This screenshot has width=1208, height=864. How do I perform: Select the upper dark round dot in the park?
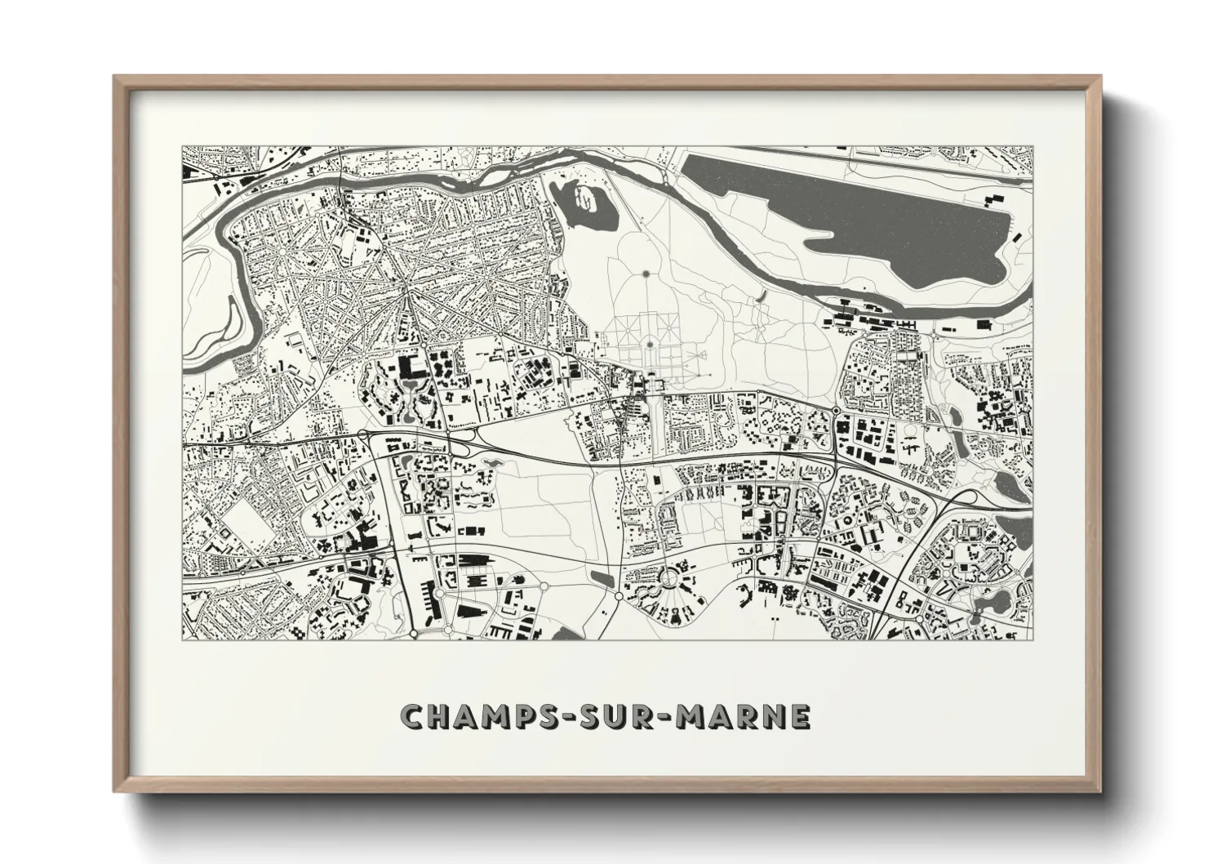[x=646, y=274]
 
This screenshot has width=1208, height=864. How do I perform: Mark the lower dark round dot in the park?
[x=648, y=344]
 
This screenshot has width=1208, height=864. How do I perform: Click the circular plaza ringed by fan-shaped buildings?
[x=672, y=578]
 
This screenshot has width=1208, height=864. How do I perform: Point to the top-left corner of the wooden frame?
[x=116, y=78]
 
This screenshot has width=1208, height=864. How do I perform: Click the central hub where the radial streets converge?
[x=408, y=286]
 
